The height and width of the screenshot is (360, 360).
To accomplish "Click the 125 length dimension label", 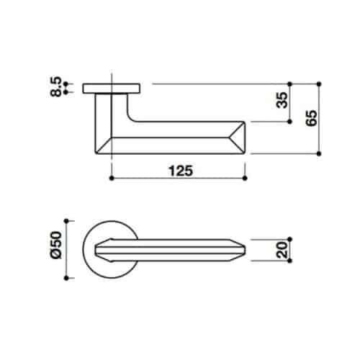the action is [x=181, y=171].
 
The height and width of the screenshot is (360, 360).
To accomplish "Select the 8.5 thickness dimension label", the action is [x=56, y=86].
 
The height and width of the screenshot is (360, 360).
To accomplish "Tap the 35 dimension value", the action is [x=282, y=100].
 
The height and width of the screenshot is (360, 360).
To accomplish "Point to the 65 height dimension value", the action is [x=311, y=118].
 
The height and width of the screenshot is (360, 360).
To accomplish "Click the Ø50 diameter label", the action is [x=56, y=245].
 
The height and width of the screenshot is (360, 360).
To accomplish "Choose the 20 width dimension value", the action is [x=282, y=250].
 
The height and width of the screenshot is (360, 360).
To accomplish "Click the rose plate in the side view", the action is [x=112, y=89].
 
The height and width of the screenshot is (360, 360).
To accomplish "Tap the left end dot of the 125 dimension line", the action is [x=112, y=178].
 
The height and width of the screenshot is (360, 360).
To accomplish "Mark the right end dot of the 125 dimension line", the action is [x=245, y=178].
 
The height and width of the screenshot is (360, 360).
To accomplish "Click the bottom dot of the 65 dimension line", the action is [x=319, y=153].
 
